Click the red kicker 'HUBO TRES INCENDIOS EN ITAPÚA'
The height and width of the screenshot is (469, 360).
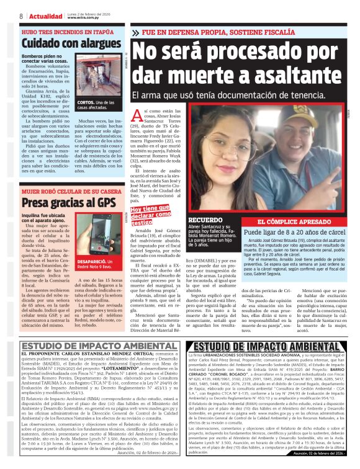[x=59, y=30]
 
